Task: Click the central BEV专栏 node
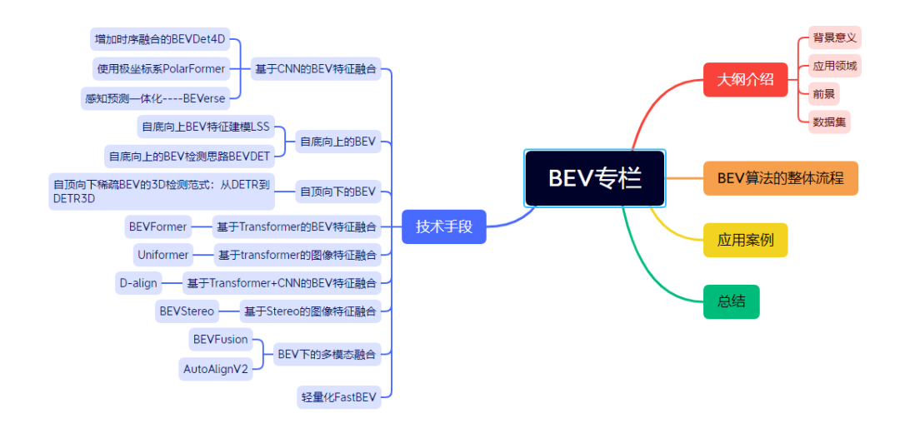tap(594, 178)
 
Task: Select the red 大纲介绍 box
tap(745, 80)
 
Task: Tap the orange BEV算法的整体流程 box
tap(780, 178)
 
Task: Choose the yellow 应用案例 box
tap(745, 241)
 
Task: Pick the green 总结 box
tap(731, 301)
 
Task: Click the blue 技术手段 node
tap(443, 226)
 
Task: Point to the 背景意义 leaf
tap(834, 38)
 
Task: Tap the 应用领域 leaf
tap(834, 66)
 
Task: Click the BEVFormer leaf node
tap(157, 226)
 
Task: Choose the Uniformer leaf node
tap(162, 254)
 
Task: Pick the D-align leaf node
tap(137, 282)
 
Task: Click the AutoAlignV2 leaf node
tap(216, 369)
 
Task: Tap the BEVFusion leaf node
tap(220, 339)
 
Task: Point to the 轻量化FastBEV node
tap(339, 397)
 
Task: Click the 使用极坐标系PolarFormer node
tap(158, 68)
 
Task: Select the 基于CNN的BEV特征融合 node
tap(316, 68)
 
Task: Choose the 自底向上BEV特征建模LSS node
tap(206, 127)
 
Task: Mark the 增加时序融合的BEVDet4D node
tap(160, 39)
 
